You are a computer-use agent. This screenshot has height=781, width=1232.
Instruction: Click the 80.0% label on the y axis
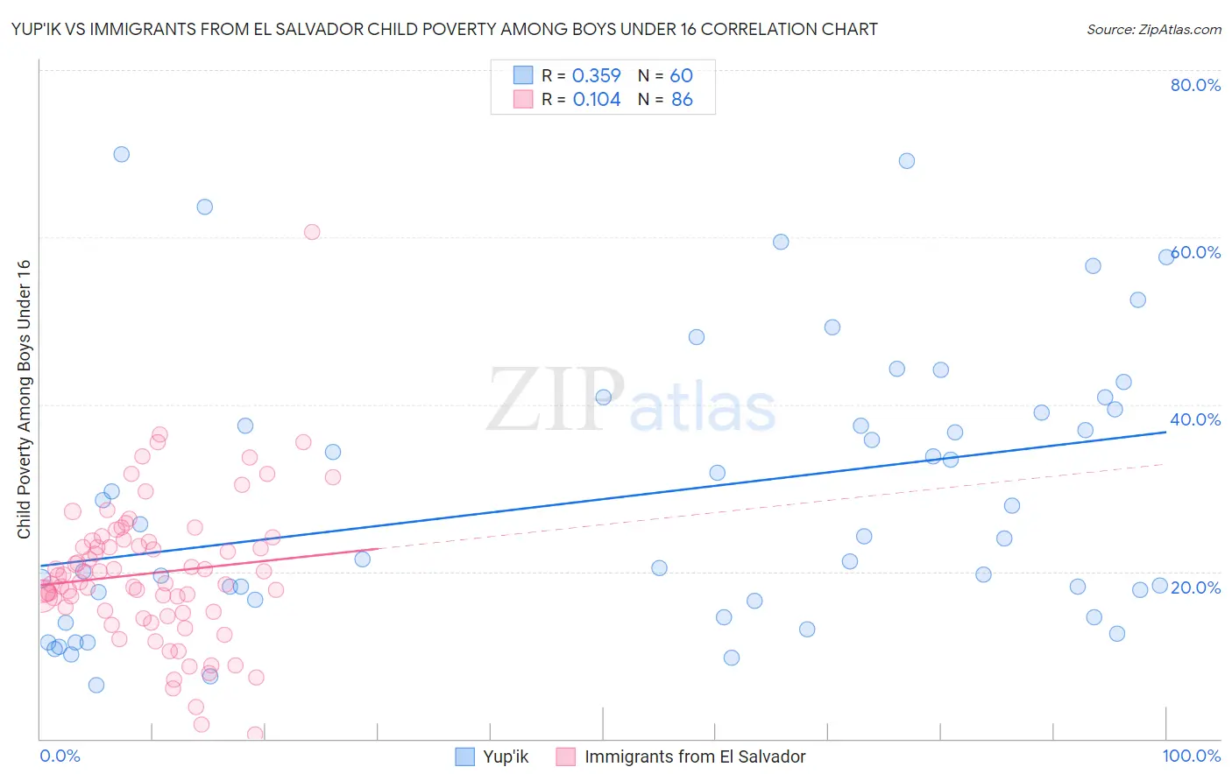[x=1195, y=85]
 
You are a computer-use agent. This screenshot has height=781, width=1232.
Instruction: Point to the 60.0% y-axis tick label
[x=1197, y=252]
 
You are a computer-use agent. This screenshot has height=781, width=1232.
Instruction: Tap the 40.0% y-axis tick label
[x=1195, y=419]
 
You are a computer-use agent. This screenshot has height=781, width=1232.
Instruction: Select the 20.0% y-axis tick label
[x=1195, y=587]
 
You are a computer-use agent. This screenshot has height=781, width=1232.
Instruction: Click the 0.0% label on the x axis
[x=60, y=756]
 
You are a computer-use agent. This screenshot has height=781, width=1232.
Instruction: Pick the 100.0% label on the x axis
[x=1191, y=756]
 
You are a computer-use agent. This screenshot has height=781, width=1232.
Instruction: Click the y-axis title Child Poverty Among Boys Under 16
[x=24, y=399]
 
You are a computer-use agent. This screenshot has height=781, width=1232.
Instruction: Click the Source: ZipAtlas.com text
[x=1153, y=29]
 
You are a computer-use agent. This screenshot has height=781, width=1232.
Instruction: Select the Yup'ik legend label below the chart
[x=506, y=756]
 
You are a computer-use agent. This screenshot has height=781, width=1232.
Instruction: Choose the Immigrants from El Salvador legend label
[x=695, y=756]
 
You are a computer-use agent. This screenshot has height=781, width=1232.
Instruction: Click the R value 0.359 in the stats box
[x=596, y=76]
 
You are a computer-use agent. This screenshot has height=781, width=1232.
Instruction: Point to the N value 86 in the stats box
[x=682, y=100]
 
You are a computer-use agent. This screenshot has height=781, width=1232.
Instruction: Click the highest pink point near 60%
[x=312, y=232]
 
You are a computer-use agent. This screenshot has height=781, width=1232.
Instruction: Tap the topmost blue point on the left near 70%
[x=122, y=154]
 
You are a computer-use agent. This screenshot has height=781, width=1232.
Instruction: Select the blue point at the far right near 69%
[x=907, y=161]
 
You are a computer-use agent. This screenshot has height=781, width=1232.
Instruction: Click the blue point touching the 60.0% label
[x=1166, y=257]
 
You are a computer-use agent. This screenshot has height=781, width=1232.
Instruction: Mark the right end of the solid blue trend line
[x=1166, y=432]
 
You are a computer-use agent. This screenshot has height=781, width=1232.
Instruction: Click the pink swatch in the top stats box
[x=523, y=99]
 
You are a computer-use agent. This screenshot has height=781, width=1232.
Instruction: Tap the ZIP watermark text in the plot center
[x=556, y=400]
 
